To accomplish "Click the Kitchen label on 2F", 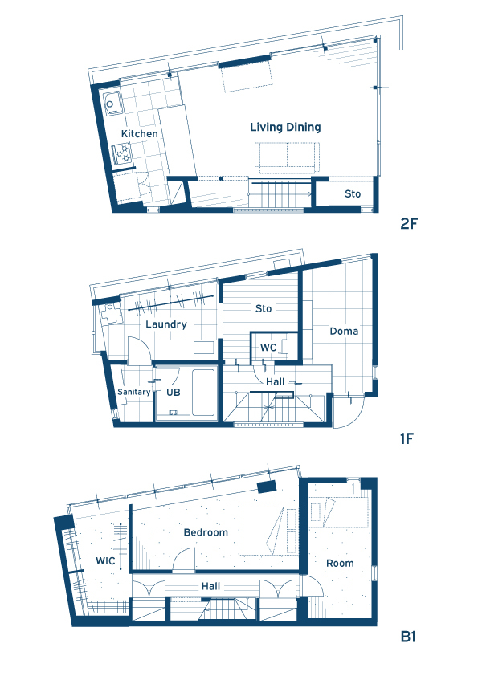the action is click(x=139, y=133).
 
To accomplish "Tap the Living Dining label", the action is click(x=285, y=127).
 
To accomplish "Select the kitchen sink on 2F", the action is click(x=112, y=103).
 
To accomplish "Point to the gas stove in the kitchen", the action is click(x=121, y=154).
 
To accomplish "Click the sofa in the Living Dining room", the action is click(x=287, y=155).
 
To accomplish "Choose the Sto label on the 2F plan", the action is click(x=353, y=194).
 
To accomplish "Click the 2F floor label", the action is click(x=409, y=224).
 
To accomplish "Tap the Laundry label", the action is click(x=166, y=324).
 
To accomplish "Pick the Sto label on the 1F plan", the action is click(x=264, y=308).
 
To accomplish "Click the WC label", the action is click(x=268, y=348).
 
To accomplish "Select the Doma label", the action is click(x=344, y=331).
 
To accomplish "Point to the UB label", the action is click(x=174, y=393).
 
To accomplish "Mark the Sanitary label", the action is click(x=133, y=392).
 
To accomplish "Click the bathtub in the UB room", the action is click(x=203, y=393).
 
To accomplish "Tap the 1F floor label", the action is click(x=407, y=439).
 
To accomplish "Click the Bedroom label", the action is click(x=206, y=533).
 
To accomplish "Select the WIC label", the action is click(x=105, y=561).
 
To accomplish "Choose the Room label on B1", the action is click(x=340, y=564).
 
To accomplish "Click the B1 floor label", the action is click(x=408, y=637).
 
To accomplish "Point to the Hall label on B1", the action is click(x=210, y=586).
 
